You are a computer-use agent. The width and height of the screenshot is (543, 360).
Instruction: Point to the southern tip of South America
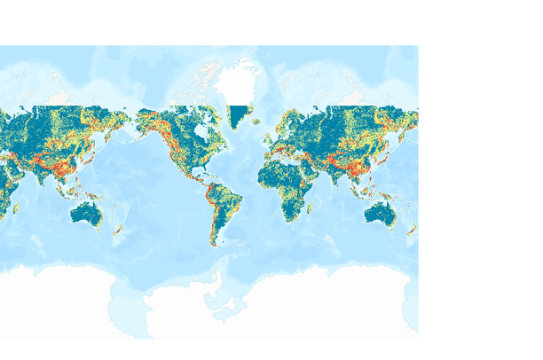pyautogui.click(x=214, y=246)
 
